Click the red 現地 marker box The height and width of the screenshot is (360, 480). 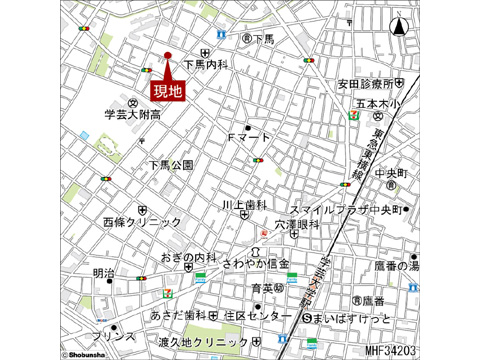(x=168, y=90)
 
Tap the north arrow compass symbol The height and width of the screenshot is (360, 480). (x=399, y=30)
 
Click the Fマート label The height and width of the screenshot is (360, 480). (x=250, y=136)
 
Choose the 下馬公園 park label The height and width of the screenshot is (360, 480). (x=171, y=164)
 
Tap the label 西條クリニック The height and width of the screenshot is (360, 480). (x=142, y=222)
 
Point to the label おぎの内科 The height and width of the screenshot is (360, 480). (x=189, y=257)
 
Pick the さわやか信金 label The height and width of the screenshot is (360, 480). (x=256, y=263)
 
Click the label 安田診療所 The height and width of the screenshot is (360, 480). (x=370, y=84)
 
